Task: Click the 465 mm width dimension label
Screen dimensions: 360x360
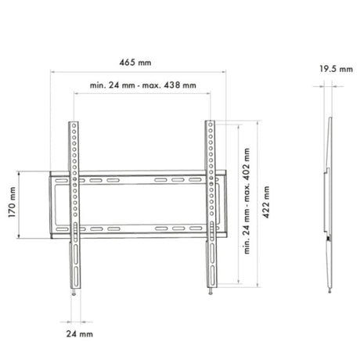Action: pyautogui.click(x=135, y=63)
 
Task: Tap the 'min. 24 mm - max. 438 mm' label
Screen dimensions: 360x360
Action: pyautogui.click(x=143, y=85)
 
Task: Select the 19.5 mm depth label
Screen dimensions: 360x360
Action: pyautogui.click(x=337, y=69)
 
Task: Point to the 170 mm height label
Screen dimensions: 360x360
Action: pyautogui.click(x=12, y=202)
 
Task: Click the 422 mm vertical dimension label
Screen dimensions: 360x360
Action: pyautogui.click(x=266, y=202)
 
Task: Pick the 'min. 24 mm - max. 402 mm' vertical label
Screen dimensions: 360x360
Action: pyautogui.click(x=247, y=201)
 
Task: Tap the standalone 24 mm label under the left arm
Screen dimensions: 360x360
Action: pyautogui.click(x=79, y=334)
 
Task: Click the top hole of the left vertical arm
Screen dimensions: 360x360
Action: pyautogui.click(x=74, y=126)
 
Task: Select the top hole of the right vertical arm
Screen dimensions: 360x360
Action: pyautogui.click(x=210, y=124)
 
